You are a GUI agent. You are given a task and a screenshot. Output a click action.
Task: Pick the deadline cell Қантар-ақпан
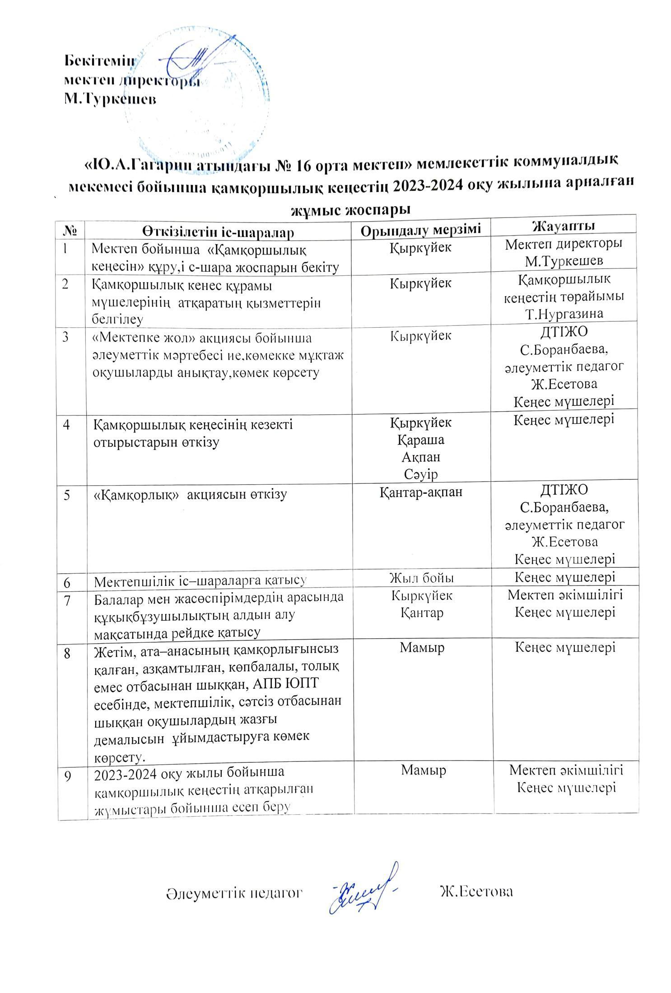tap(421, 492)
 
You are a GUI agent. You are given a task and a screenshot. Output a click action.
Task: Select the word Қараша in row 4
tap(421, 439)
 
